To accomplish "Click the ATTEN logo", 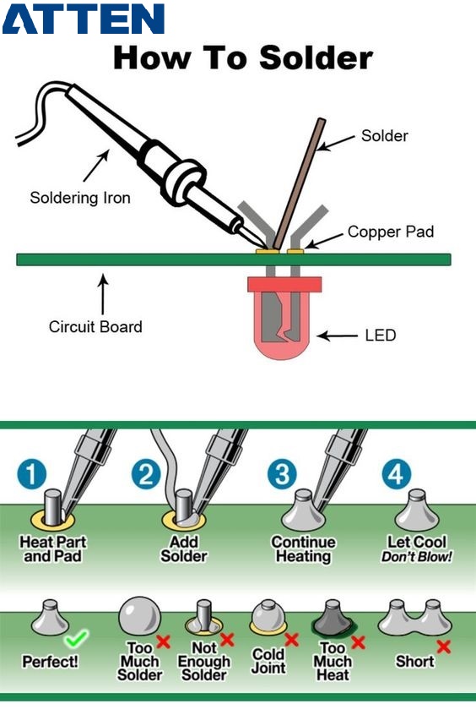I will [83, 19].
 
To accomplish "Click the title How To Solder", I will [242, 57].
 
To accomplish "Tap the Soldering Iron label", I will [80, 199].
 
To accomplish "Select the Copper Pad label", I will [390, 232].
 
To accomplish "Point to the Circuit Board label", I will [95, 326].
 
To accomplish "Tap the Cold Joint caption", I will [268, 662].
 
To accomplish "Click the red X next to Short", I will [443, 647].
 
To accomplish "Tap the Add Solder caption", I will [184, 549].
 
